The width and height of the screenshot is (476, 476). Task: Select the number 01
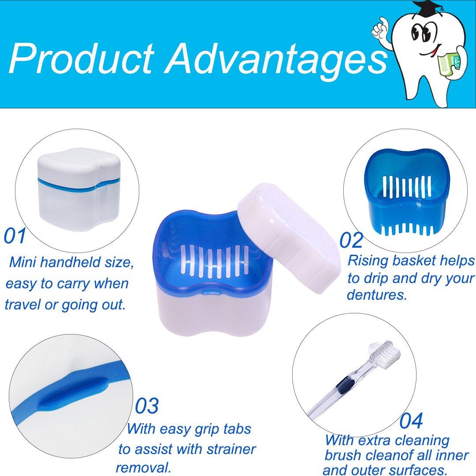point(15,236)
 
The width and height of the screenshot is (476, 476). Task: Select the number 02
point(351,240)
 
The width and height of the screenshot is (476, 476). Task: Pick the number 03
point(147,406)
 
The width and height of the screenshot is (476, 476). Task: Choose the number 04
point(411,421)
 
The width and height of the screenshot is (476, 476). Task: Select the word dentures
point(376,295)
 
